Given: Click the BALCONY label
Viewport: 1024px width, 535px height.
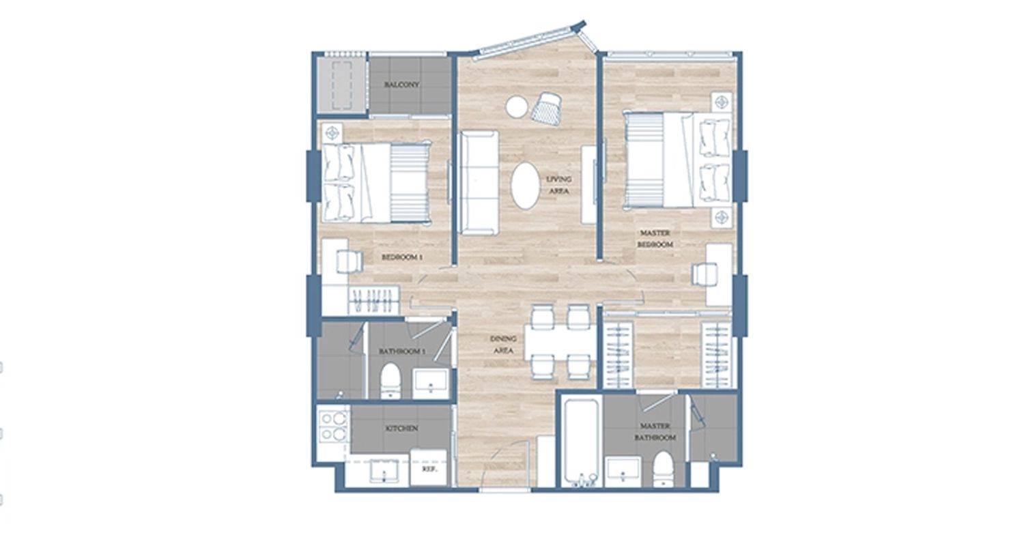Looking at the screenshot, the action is (x=401, y=85).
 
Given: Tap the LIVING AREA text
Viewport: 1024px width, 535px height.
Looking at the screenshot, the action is (x=558, y=185).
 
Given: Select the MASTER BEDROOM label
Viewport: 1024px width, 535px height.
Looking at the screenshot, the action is (x=655, y=238).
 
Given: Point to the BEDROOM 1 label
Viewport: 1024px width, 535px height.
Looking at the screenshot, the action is (x=402, y=257).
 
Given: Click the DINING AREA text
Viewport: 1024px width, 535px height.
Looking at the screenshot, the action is (x=503, y=345).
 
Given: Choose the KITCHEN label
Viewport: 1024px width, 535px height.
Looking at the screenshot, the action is (x=402, y=429).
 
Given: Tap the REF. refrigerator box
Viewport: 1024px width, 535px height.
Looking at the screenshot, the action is (x=428, y=467).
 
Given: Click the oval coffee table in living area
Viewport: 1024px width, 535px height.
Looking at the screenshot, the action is (x=525, y=186).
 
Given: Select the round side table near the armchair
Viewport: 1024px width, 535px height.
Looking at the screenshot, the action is (x=517, y=106).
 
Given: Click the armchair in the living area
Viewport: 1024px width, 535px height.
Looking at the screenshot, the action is (x=546, y=109).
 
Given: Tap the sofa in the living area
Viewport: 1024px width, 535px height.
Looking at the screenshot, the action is (x=479, y=183).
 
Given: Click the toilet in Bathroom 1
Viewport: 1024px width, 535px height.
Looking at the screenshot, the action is (x=390, y=381).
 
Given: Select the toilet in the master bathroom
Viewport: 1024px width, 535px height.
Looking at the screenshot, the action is (x=663, y=469).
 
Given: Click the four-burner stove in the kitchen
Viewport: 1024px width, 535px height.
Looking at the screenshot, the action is (x=333, y=426).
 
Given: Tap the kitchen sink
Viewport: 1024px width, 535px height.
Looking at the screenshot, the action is (x=384, y=471).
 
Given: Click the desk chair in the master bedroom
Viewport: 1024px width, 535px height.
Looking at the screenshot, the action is (x=705, y=274).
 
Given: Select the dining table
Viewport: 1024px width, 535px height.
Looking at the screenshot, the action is (x=560, y=342).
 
